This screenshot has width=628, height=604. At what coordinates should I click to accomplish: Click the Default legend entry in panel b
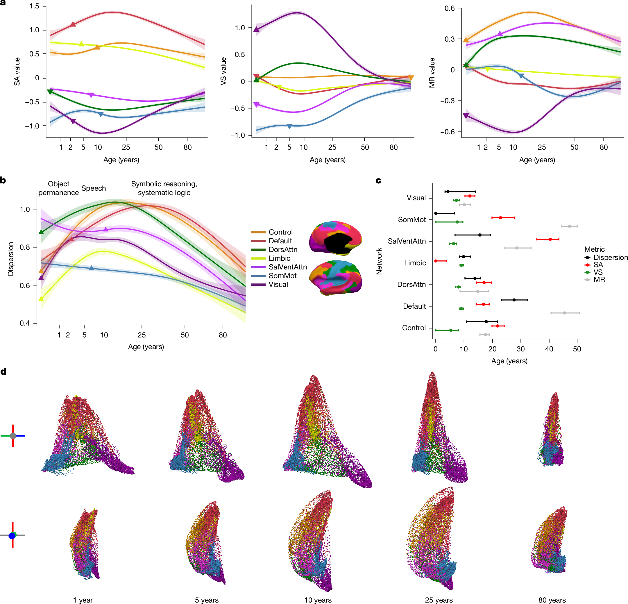(x=280, y=241)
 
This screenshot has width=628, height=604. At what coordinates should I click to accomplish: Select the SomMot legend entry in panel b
(x=282, y=276)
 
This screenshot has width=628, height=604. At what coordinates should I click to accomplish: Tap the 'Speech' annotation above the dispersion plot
(x=94, y=188)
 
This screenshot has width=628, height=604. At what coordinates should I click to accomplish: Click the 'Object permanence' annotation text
(x=59, y=188)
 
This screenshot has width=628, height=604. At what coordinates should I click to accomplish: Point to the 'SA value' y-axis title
(x=17, y=72)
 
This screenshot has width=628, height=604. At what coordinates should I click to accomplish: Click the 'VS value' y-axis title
(x=223, y=71)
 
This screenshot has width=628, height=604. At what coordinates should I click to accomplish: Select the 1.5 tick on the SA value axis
(x=34, y=6)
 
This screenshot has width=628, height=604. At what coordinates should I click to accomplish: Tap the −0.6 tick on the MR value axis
(x=447, y=132)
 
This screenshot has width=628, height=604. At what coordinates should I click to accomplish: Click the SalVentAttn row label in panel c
(x=407, y=241)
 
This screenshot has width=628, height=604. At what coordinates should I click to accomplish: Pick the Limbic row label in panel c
(x=415, y=263)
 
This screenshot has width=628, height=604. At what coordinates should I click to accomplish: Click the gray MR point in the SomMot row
(x=569, y=226)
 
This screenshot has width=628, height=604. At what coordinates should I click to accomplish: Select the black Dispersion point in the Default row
(x=514, y=300)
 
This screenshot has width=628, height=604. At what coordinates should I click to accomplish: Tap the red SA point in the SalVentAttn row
(x=550, y=239)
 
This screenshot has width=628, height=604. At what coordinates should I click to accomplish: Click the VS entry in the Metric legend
(x=598, y=272)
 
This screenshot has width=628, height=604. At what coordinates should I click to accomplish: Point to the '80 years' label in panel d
(x=552, y=600)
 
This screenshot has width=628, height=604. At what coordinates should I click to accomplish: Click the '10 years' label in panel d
(x=318, y=600)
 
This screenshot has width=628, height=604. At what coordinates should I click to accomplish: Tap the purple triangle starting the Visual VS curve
(x=256, y=29)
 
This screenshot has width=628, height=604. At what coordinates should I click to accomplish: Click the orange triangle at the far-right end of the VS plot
(x=411, y=78)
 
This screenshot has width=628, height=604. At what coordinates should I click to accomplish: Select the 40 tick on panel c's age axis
(x=549, y=349)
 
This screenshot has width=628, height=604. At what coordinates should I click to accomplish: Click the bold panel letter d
(x=3, y=371)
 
